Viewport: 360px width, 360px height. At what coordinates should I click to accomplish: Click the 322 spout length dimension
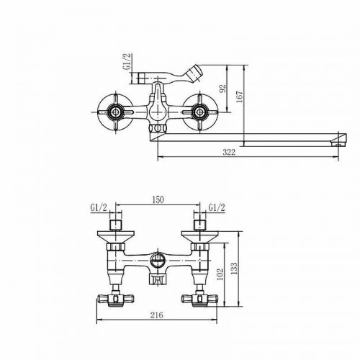229,152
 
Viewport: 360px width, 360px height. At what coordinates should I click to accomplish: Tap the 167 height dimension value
240,96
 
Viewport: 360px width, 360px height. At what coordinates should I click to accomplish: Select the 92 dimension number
223,89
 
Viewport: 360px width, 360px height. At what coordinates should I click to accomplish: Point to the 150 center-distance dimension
158,199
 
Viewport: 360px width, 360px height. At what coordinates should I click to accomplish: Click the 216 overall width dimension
156,315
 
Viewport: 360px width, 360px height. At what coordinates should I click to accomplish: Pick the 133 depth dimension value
234,269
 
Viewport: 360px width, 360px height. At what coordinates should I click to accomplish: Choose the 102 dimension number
220,274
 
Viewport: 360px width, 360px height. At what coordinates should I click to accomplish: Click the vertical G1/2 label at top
127,61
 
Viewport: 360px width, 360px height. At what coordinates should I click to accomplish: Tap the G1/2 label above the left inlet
99,207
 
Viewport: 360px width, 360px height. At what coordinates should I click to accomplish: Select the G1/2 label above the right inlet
217,207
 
